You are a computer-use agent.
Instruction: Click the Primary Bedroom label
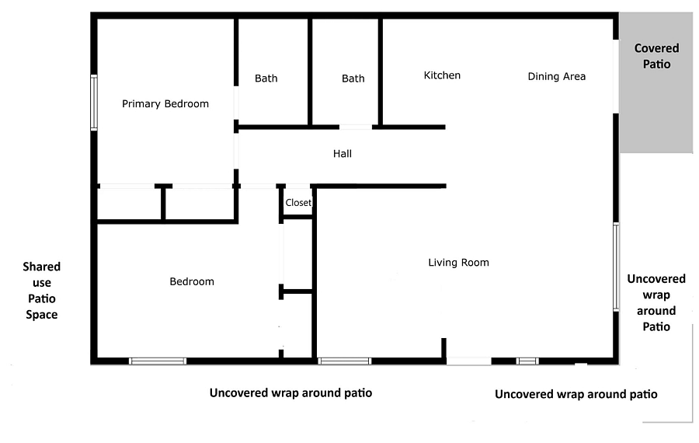[x=165, y=104]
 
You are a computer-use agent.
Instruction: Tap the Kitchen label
[x=442, y=75]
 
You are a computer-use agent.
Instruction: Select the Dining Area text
[x=556, y=77]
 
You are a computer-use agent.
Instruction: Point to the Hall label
[x=343, y=154]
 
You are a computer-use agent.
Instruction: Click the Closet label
[x=298, y=203]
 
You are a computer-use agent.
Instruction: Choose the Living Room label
[x=458, y=263]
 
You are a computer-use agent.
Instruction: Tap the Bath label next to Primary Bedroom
[x=266, y=78]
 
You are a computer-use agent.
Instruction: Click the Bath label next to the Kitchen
[x=353, y=78]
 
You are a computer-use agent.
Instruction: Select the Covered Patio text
[x=656, y=56]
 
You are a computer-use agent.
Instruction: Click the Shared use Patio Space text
[x=41, y=291]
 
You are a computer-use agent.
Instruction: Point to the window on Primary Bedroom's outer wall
[x=94, y=103]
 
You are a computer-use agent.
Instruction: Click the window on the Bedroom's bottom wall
[x=158, y=361]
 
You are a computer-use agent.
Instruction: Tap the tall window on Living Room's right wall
[x=616, y=267]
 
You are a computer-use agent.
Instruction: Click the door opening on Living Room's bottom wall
[x=469, y=361]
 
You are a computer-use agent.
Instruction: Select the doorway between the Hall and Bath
[x=355, y=127]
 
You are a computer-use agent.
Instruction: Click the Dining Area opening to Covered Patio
[x=616, y=76]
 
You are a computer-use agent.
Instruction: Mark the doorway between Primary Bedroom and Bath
[x=236, y=103]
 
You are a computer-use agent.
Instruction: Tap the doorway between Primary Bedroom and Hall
[x=236, y=151]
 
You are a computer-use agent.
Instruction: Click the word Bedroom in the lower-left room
[x=192, y=281]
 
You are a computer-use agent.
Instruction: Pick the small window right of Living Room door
[x=527, y=361]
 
